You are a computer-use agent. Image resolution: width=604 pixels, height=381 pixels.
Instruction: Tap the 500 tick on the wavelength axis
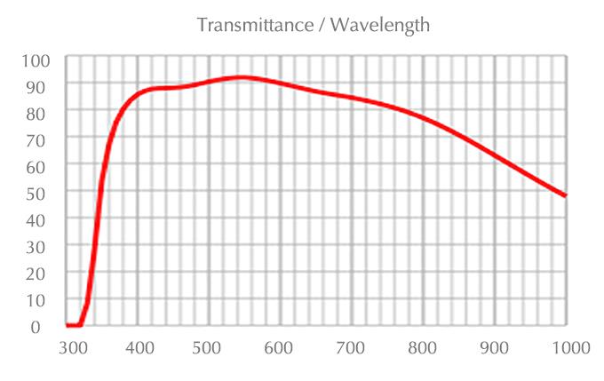[x=210, y=347]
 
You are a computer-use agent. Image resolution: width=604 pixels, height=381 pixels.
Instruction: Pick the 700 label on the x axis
[x=352, y=347]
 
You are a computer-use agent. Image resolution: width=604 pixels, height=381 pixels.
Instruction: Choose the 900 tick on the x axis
[x=494, y=347]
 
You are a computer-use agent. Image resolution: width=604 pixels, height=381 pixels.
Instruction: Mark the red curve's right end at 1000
[x=565, y=195]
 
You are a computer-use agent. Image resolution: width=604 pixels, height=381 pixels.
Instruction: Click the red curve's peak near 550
[x=242, y=78]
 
